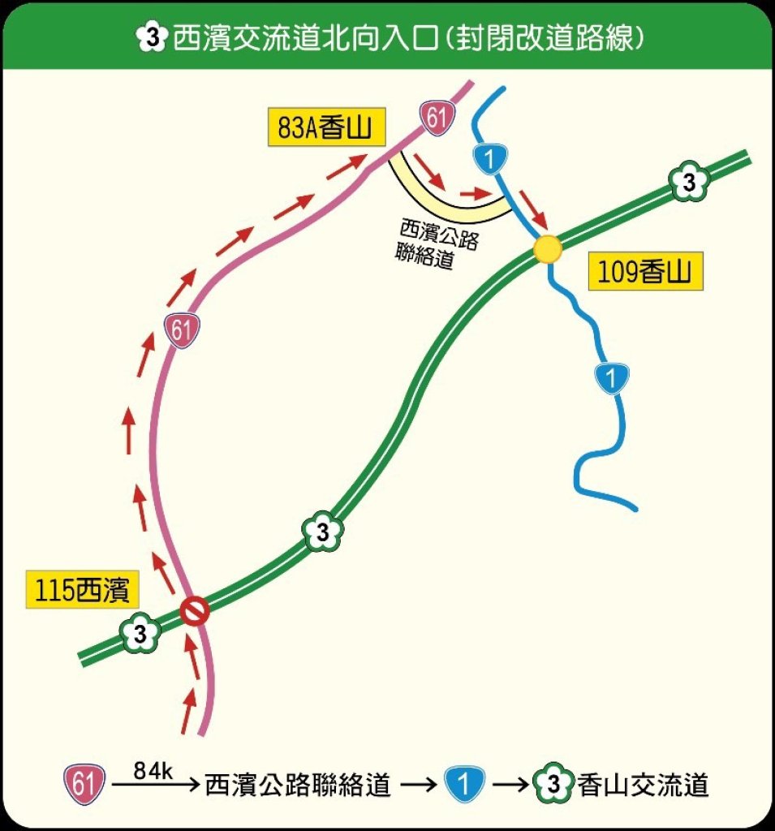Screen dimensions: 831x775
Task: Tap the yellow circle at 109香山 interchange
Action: pos(548,248)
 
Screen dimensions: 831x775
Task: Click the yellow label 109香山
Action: pos(644,273)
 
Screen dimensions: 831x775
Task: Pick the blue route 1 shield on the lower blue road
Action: pos(610,377)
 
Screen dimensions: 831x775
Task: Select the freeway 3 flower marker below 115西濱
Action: pos(140,635)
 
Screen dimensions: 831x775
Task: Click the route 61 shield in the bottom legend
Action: pos(84,785)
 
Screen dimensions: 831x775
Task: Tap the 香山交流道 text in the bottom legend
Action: pos(644,785)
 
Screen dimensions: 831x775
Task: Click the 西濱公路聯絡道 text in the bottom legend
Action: pos(298,785)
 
